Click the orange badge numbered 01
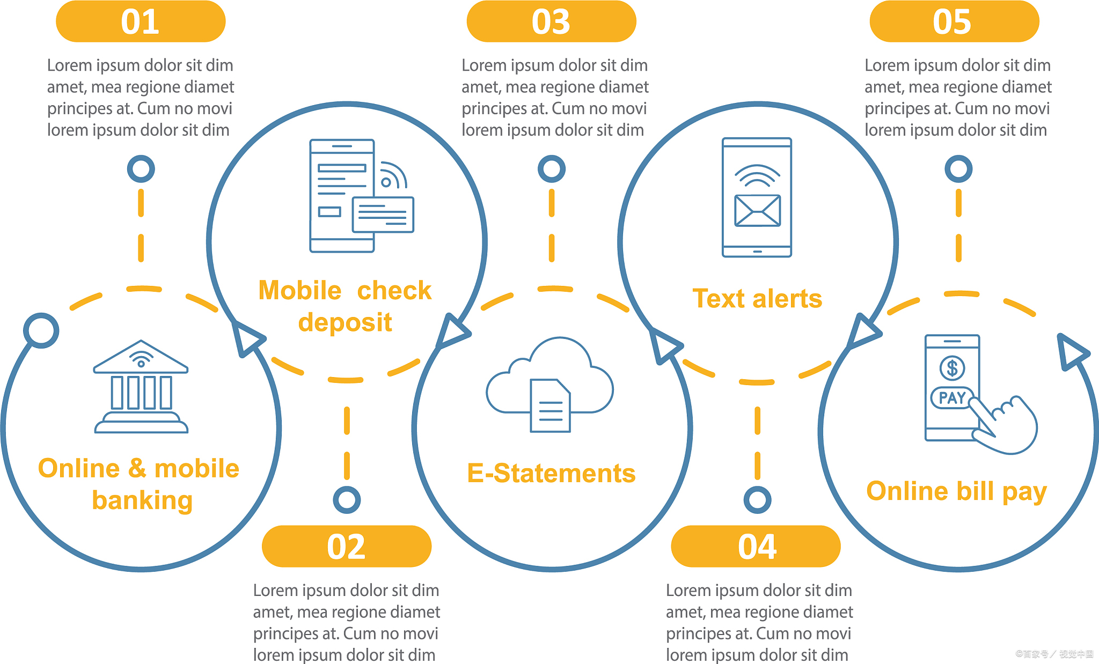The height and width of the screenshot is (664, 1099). [141, 21]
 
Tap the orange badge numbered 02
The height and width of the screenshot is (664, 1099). [347, 547]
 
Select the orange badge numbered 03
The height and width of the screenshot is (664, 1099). [551, 21]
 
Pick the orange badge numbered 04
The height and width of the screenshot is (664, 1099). [756, 547]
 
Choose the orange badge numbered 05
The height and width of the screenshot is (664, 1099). [954, 21]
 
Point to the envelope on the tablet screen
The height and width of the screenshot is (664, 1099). [757, 211]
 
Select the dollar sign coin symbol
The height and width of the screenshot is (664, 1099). [952, 368]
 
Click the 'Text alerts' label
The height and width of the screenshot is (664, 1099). [757, 299]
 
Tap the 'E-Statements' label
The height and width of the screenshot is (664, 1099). [551, 474]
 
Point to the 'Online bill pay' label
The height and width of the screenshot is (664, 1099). [956, 491]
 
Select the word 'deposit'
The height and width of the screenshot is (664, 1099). [345, 322]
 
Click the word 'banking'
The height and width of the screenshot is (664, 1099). [142, 500]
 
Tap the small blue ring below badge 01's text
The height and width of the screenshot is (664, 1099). [141, 169]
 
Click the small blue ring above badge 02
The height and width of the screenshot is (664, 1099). [347, 500]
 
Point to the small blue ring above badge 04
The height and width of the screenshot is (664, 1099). [757, 500]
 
